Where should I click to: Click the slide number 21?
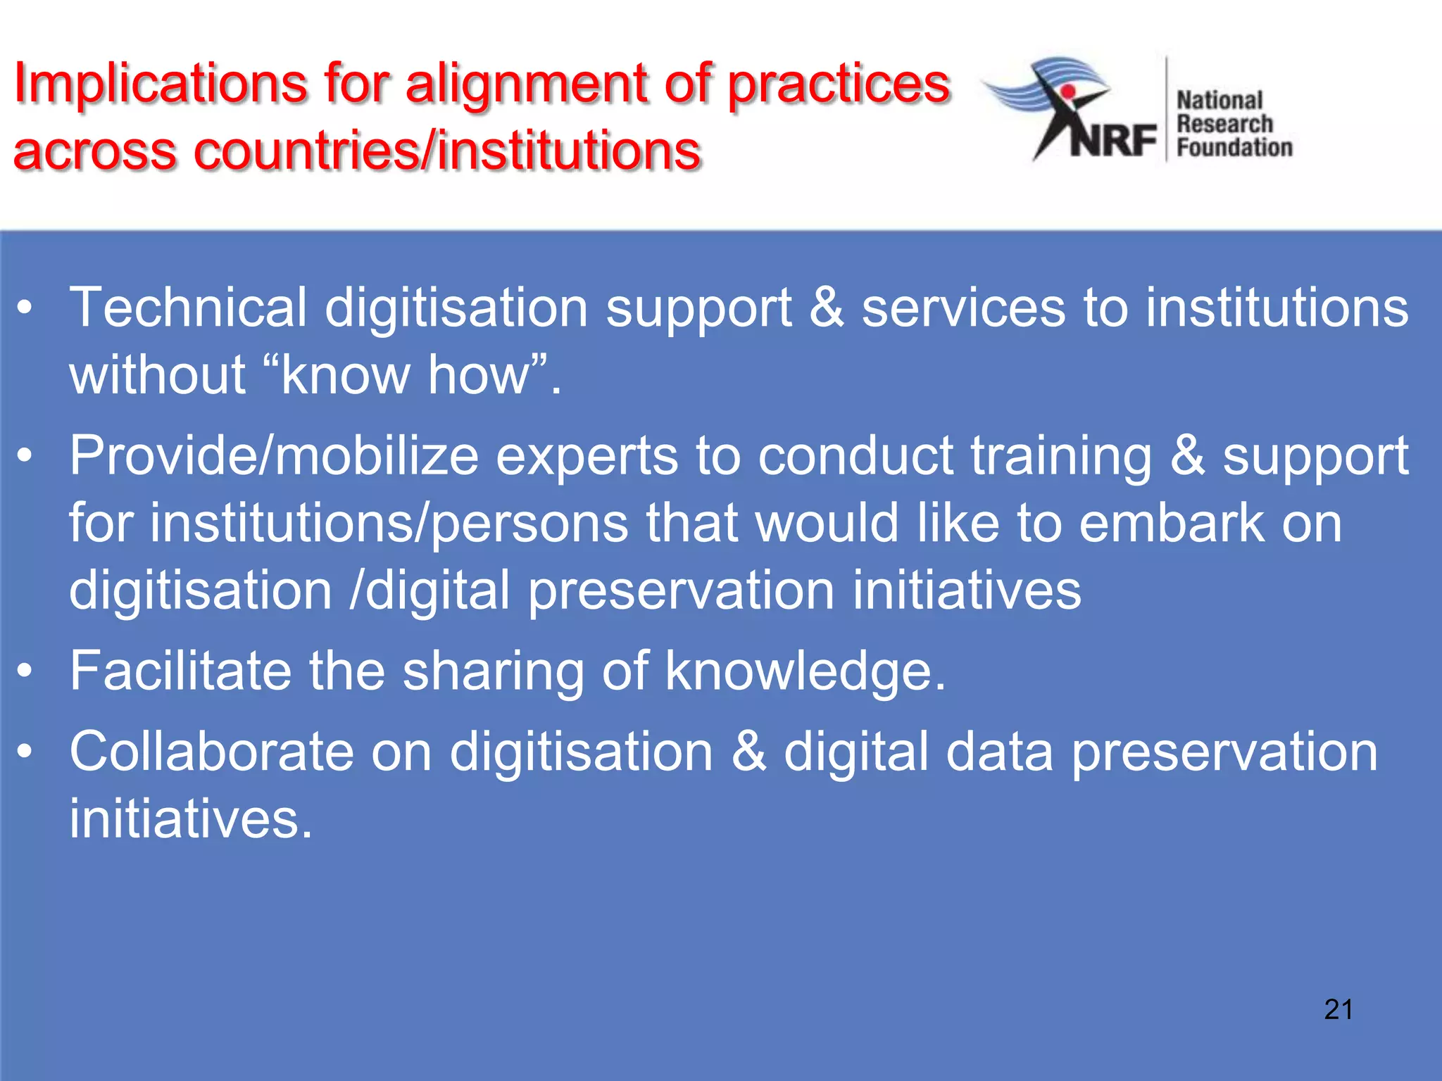coord(1338,1010)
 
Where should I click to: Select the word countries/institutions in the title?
coord(447,151)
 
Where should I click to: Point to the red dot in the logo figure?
coord(1068,92)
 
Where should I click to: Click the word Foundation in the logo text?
coord(1234,148)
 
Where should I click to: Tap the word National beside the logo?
coord(1220,101)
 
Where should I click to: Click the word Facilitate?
coord(180,671)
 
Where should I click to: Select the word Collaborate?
coord(211,752)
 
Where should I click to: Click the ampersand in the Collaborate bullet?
coord(748,752)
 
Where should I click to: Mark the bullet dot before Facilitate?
coord(25,671)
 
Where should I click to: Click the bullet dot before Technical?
coord(25,308)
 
